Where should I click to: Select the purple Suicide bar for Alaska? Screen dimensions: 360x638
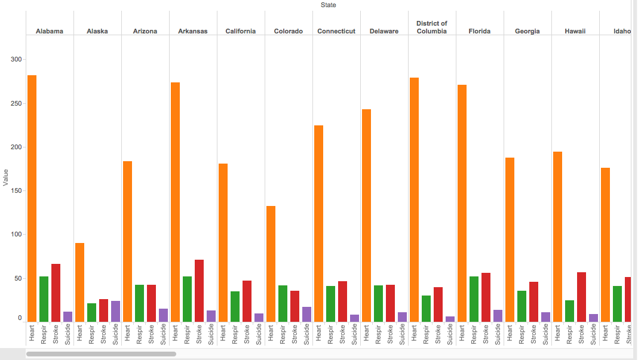pos(115,311)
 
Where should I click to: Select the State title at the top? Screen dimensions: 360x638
pos(328,5)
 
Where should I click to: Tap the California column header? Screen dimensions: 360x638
pos(241,31)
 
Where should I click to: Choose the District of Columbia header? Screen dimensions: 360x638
pos(431,27)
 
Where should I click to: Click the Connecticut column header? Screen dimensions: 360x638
pos(336,31)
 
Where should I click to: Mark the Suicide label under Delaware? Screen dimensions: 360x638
pos(402,334)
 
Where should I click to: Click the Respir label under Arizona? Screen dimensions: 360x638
pos(139,334)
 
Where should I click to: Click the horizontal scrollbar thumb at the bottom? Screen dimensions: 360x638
pos(101,354)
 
